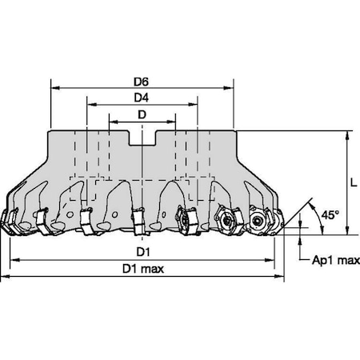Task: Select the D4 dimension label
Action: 142,97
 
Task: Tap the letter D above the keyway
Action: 142,114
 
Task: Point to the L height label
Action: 353,182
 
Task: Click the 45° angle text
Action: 330,215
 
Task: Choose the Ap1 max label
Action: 329,260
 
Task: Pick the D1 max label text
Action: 143,269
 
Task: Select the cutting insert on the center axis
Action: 140,217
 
